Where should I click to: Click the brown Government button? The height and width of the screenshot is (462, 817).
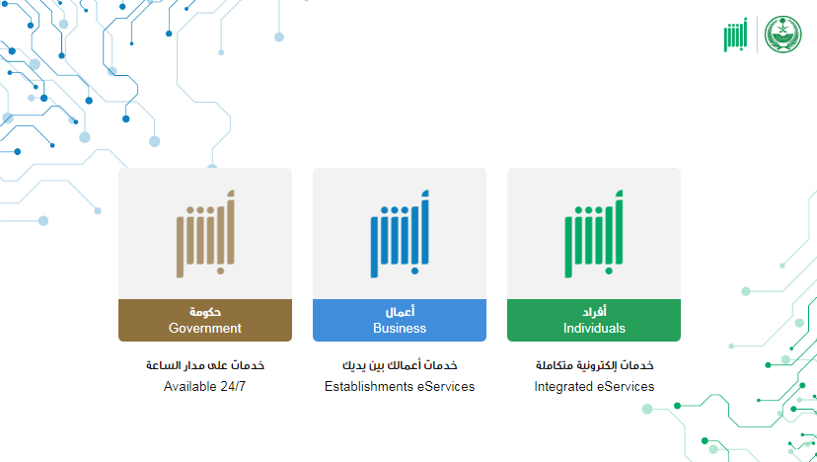205,320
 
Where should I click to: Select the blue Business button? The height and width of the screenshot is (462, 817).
399,320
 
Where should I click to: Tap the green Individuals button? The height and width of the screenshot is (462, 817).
593,320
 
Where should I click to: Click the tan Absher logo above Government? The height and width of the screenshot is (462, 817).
205,234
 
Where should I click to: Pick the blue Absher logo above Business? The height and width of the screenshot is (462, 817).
400,234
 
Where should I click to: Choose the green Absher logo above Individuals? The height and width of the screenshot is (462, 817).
594,234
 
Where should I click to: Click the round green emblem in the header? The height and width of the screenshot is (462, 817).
783,35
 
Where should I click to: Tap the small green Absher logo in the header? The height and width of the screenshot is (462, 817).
736,35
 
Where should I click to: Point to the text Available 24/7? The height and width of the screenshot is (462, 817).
205,386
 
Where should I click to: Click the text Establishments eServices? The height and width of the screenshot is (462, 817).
400,386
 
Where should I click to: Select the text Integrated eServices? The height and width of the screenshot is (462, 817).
594,386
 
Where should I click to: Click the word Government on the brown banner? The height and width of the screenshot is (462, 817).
205,328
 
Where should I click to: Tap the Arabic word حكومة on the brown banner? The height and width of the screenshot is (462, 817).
205,312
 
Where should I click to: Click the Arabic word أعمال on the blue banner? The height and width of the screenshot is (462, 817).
400,312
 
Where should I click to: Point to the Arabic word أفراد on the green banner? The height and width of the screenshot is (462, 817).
594,312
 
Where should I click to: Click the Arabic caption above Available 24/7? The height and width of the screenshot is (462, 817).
205,365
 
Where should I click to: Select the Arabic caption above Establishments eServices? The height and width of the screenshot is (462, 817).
400,365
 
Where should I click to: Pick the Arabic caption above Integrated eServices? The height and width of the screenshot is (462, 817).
595,365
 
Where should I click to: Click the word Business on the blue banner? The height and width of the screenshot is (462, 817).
400,328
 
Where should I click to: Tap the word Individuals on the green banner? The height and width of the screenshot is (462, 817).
594,328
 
